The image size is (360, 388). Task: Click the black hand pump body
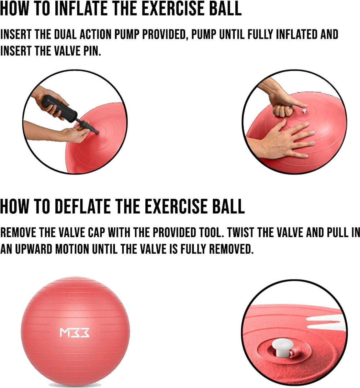point(59,108)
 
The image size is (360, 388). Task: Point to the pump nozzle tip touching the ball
point(97,133)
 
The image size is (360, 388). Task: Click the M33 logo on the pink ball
point(74,333)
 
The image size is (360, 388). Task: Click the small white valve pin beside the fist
point(304,111)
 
